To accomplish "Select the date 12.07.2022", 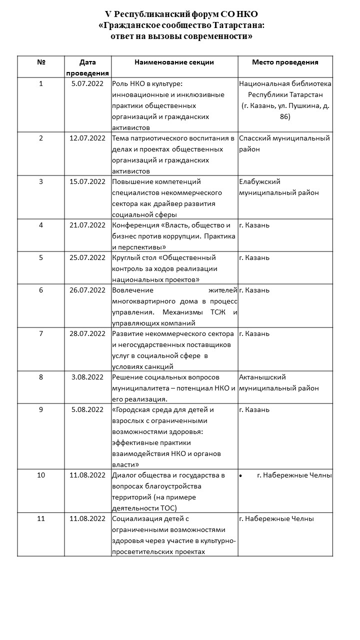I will tap(87, 138).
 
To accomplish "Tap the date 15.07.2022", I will tap(87, 182).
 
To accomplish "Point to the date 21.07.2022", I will tap(87, 225).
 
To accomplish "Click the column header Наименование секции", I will tap(174, 62).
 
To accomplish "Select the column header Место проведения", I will tap(285, 62).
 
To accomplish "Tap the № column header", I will tap(41, 62).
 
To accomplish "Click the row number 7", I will tap(41, 333).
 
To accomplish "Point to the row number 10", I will tap(41, 475).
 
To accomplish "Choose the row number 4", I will tap(41, 225).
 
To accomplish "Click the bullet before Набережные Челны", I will tap(241, 475).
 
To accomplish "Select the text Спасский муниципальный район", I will tap(284, 143).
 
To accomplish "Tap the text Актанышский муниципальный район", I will tap(278, 382).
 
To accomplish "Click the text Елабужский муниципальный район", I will tap(278, 187).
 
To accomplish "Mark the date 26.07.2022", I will tap(87, 290).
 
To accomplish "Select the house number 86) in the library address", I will tap(285, 116).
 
